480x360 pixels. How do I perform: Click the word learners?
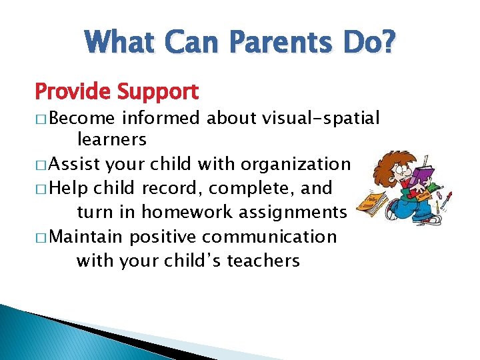pyautogui.click(x=112, y=139)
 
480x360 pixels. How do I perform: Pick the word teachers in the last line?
pyautogui.click(x=263, y=261)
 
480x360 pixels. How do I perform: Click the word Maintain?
pyautogui.click(x=87, y=237)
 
